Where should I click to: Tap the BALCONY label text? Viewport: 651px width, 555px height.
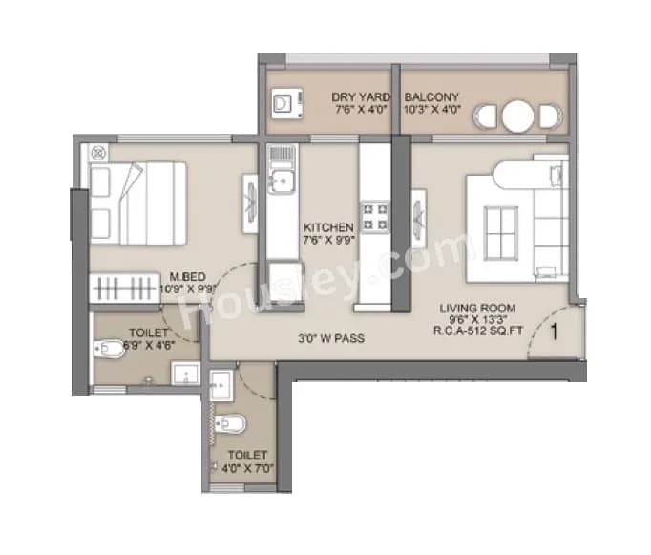click(x=432, y=97)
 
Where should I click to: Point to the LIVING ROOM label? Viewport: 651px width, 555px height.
click(x=478, y=308)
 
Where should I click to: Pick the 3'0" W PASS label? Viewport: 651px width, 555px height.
click(x=330, y=338)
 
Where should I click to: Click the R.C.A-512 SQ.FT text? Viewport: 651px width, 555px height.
click(x=478, y=332)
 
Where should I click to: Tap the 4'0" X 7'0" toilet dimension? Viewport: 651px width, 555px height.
click(x=247, y=469)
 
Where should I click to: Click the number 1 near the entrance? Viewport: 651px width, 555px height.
click(x=553, y=332)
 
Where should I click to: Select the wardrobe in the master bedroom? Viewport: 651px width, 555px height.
click(x=125, y=288)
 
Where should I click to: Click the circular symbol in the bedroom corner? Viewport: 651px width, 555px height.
click(x=96, y=152)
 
